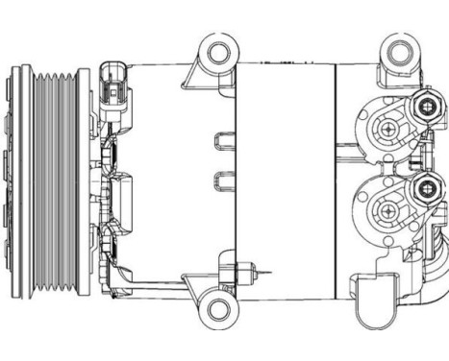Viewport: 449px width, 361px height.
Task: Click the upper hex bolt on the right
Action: (x=424, y=108)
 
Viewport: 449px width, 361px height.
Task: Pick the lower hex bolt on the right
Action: (x=424, y=190)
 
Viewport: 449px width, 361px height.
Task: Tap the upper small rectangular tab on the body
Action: (x=223, y=140)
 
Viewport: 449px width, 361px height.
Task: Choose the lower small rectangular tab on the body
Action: (x=223, y=179)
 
